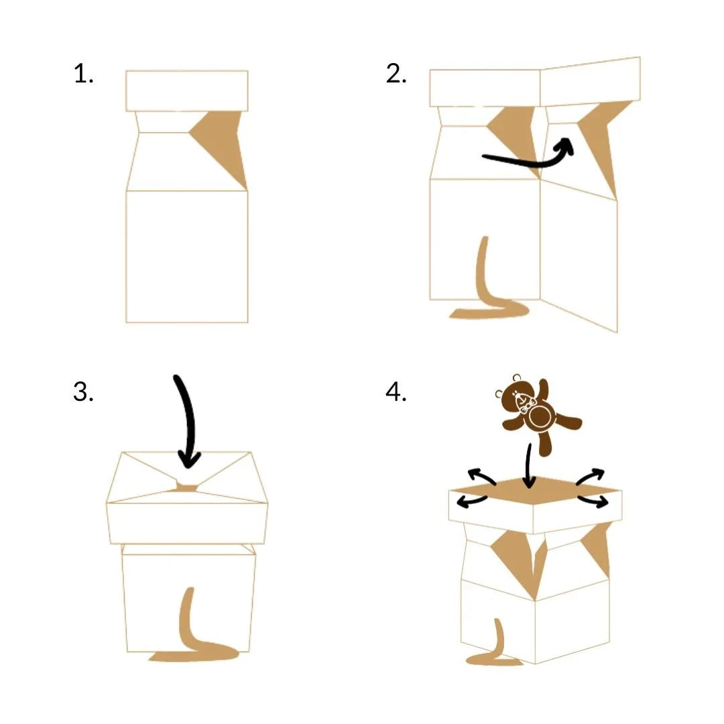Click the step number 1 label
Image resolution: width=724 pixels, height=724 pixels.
(x=84, y=74)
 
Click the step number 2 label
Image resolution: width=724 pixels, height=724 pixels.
(x=396, y=74)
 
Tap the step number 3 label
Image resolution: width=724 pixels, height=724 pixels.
(x=84, y=392)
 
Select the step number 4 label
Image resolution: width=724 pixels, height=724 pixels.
(x=396, y=392)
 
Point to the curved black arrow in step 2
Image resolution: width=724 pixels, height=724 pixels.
(x=531, y=162)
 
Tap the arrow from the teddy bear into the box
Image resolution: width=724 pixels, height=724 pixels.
(x=529, y=467)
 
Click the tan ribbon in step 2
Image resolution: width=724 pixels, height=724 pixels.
(x=483, y=296)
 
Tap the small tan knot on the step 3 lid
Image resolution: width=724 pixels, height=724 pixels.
(x=187, y=487)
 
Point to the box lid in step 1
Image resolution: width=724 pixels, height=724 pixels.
(x=187, y=91)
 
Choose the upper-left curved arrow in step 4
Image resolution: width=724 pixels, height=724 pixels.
(x=480, y=475)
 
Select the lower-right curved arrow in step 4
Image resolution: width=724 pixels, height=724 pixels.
(x=593, y=500)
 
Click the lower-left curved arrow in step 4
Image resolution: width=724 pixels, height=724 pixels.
(x=472, y=500)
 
